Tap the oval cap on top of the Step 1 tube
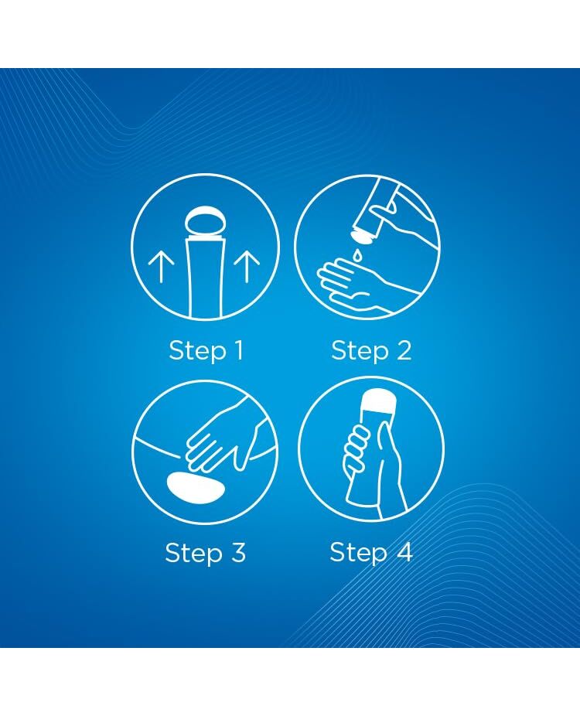pyautogui.click(x=206, y=224)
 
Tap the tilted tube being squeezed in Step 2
pyautogui.click(x=377, y=210)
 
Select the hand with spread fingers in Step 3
pyautogui.click(x=223, y=438)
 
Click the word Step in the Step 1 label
pyautogui.click(x=198, y=352)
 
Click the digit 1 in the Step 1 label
pyautogui.click(x=239, y=350)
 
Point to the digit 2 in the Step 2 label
pyautogui.click(x=403, y=351)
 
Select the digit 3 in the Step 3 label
pyautogui.click(x=237, y=552)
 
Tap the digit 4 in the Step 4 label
pyautogui.click(x=404, y=551)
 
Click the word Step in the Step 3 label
pyautogui.click(x=193, y=554)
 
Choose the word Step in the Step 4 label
pyautogui.click(x=359, y=553)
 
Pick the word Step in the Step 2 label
pyautogui.click(x=360, y=352)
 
